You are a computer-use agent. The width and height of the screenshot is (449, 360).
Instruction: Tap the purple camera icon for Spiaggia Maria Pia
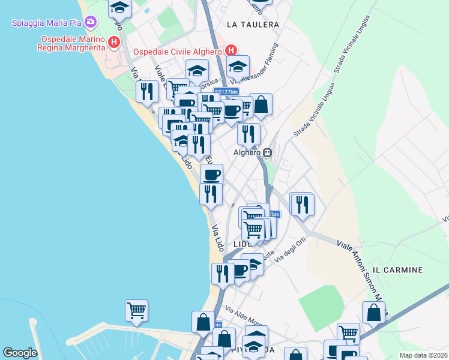coord(91,23)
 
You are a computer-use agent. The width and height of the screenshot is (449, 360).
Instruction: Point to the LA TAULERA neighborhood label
coord(253,25)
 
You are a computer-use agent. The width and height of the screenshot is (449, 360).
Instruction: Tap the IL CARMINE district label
coord(397,271)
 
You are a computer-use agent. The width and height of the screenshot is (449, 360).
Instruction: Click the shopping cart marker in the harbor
coord(137,311)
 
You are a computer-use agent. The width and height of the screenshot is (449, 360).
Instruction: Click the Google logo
coord(20,353)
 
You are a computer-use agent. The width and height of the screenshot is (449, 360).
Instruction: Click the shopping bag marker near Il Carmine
coord(373,313)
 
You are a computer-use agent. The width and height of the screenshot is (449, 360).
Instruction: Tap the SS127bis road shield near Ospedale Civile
coord(226,92)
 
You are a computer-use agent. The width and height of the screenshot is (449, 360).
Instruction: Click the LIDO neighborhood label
coord(242,244)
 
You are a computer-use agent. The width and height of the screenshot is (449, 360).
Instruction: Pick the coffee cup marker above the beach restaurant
coord(211,175)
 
